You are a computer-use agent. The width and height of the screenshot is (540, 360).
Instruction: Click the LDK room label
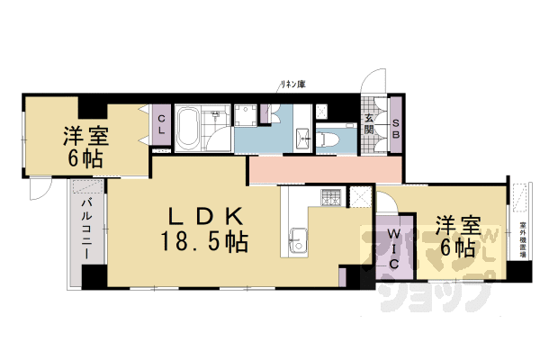204,217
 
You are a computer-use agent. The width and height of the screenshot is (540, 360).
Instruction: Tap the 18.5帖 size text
204,241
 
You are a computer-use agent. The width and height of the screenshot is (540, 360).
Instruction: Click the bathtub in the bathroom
188,130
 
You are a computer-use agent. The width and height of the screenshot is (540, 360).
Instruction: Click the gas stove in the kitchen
331,196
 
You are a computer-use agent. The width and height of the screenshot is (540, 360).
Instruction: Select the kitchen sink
298,241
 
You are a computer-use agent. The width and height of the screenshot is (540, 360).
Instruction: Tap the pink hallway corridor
324,170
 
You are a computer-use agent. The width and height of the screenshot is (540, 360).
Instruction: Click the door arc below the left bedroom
41,190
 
